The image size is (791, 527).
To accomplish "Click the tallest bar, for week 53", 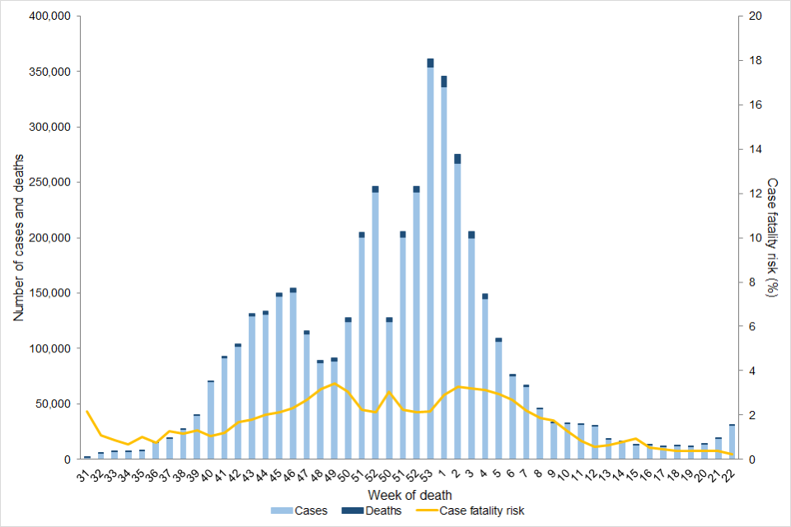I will click(430, 263).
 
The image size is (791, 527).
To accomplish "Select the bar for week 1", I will click(444, 272).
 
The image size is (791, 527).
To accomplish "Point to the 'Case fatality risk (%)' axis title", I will click(772, 237).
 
